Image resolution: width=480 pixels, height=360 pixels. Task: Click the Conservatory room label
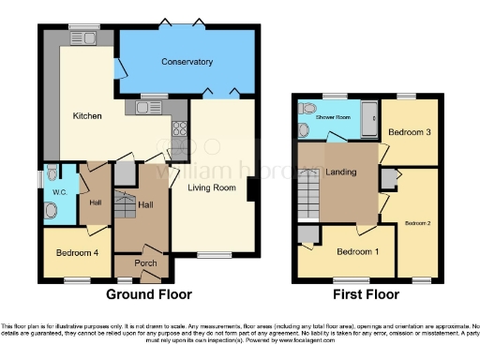[187, 63]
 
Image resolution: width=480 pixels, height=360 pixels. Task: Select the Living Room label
[210, 188]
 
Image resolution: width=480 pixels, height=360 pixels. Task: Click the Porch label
[145, 262]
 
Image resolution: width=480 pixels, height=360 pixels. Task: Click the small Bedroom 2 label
[418, 223]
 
